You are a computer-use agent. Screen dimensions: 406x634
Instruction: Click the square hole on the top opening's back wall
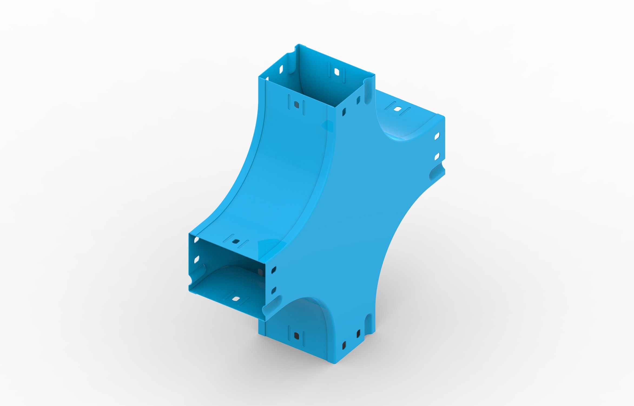tap(337, 72)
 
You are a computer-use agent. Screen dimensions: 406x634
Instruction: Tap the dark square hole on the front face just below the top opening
tap(296, 105)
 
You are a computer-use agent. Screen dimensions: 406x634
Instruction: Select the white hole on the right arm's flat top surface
tap(398, 109)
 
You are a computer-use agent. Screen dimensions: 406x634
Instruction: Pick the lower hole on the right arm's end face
tap(437, 156)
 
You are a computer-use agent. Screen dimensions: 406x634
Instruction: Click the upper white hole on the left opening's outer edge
tap(197, 240)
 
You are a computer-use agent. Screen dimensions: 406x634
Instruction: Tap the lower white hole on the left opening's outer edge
tap(197, 259)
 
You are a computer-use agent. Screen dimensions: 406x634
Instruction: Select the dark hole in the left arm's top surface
tap(236, 241)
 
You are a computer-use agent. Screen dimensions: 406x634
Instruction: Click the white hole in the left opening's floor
tap(236, 299)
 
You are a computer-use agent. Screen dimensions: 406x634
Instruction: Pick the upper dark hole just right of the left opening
tap(274, 270)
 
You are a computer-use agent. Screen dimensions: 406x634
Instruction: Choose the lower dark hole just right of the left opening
tap(273, 290)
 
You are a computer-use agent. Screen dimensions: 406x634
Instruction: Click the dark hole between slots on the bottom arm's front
tap(296, 336)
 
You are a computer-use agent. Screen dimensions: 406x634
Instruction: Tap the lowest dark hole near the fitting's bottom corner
tap(344, 345)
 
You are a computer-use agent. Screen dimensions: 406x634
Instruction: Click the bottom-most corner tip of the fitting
tap(334, 363)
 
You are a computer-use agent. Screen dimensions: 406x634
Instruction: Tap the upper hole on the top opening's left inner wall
tap(281, 69)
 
